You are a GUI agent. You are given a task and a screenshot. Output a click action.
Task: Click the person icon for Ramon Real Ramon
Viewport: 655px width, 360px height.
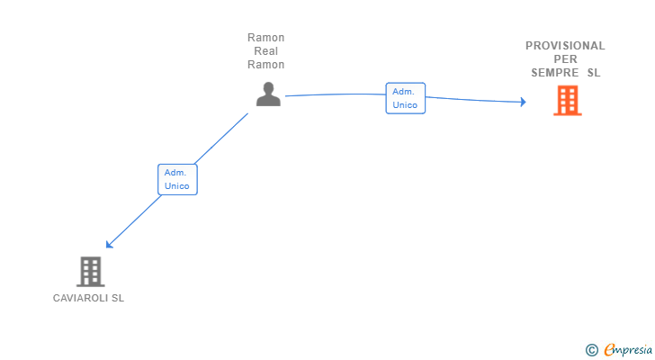pyautogui.click(x=268, y=94)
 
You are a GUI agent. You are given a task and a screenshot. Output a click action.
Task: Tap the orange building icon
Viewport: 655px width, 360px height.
pyautogui.click(x=567, y=101)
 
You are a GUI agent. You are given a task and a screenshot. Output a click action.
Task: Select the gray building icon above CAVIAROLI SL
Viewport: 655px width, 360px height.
pyautogui.click(x=90, y=271)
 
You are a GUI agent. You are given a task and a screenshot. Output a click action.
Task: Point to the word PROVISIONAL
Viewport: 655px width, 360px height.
pyautogui.click(x=565, y=46)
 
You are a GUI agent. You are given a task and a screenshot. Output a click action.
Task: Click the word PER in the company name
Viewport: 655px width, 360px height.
pyautogui.click(x=566, y=59)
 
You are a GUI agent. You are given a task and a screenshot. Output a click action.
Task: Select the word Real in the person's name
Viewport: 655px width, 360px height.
pyautogui.click(x=266, y=51)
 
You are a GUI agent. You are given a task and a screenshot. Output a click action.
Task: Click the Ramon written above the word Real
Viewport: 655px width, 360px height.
pyautogui.click(x=266, y=38)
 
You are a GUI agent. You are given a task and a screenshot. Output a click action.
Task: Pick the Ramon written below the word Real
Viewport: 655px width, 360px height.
pyautogui.click(x=266, y=65)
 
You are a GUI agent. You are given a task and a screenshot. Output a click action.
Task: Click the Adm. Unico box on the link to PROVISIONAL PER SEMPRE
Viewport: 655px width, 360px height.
pyautogui.click(x=405, y=98)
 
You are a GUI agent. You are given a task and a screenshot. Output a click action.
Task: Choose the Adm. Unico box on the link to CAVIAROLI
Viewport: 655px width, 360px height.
pyautogui.click(x=176, y=179)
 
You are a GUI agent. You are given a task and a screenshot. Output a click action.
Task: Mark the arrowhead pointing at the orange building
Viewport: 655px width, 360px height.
pyautogui.click(x=522, y=102)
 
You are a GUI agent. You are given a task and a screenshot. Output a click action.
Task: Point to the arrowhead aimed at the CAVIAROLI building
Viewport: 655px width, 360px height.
pyautogui.click(x=109, y=244)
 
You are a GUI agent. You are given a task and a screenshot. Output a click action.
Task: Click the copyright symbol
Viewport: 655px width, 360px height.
pyautogui.click(x=591, y=350)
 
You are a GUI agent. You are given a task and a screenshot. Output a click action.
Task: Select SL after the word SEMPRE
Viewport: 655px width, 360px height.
pyautogui.click(x=594, y=73)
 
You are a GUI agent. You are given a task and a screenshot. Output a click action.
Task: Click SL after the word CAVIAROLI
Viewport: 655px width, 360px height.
pyautogui.click(x=118, y=298)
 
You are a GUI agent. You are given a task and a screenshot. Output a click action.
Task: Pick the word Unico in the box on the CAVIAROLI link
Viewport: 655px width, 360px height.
pyautogui.click(x=176, y=186)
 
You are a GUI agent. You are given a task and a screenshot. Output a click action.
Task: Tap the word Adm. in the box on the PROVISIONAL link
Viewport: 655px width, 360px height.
pyautogui.click(x=403, y=92)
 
